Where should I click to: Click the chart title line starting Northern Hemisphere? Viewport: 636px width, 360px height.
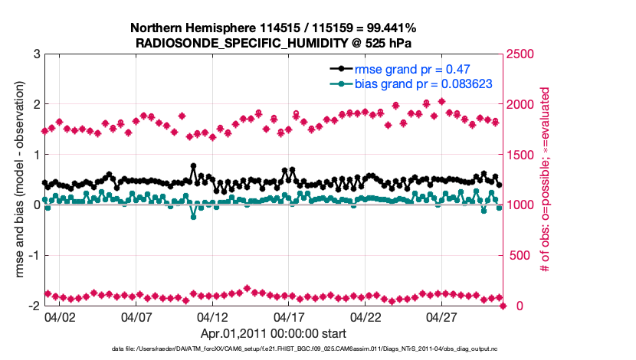[274, 28]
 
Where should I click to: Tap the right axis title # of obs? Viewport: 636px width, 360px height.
[545, 180]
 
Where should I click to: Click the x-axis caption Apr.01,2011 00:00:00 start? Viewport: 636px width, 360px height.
[274, 333]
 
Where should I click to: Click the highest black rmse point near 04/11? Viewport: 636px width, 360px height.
[193, 165]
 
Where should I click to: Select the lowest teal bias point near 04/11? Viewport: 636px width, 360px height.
[193, 217]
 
